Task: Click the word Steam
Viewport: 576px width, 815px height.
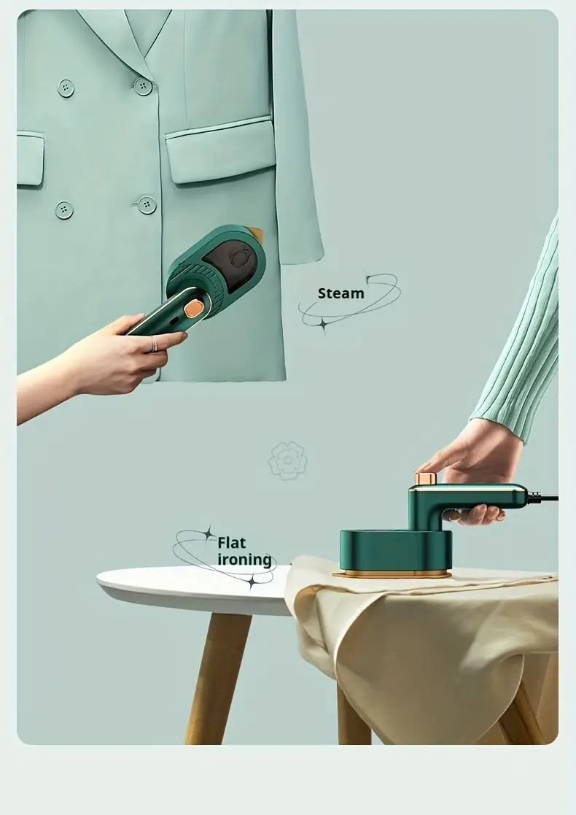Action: pos(340,293)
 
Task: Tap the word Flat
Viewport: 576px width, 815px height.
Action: pos(231,543)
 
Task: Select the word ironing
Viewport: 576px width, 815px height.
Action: pos(244,560)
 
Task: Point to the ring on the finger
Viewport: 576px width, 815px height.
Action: pos(154,344)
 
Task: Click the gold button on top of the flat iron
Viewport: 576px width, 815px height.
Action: pos(425,478)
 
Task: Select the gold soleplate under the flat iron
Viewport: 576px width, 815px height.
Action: pos(392,573)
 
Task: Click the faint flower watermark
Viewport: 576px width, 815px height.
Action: pos(288,460)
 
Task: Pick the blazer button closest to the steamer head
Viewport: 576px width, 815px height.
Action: pos(147,205)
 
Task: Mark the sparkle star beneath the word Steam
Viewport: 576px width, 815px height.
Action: pos(323,325)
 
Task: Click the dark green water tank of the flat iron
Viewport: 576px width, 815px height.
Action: pos(395,550)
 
